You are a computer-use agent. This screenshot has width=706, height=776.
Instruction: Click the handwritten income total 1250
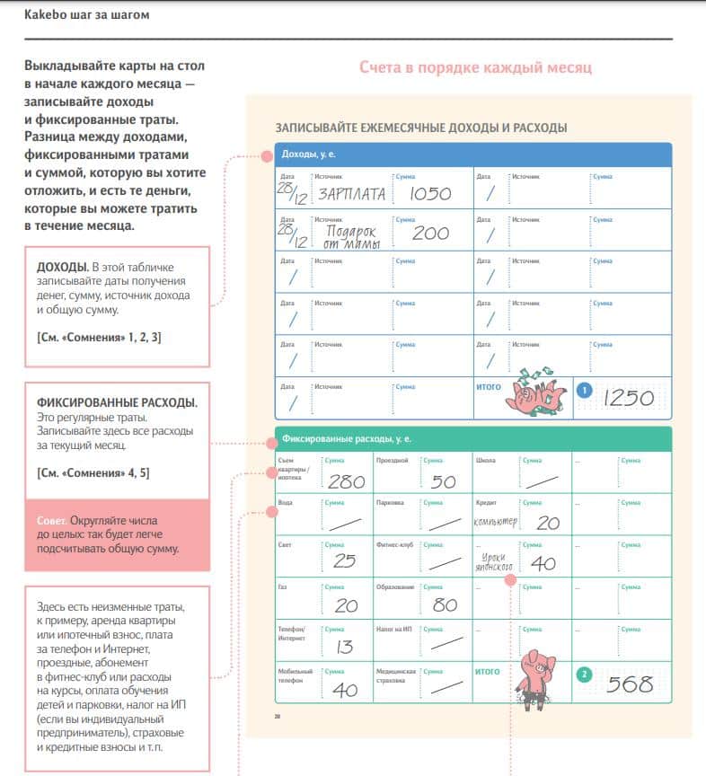point(629,395)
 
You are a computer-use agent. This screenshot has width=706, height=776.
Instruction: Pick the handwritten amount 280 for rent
point(346,481)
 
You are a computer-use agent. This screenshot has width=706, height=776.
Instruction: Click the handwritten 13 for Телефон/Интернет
point(343,646)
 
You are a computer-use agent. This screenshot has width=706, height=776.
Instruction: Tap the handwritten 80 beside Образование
point(445,604)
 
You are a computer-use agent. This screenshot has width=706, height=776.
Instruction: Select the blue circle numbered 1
point(584,390)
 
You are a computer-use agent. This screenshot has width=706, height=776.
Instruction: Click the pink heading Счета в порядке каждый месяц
point(475,67)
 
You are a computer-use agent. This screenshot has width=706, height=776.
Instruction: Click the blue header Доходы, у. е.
point(309,154)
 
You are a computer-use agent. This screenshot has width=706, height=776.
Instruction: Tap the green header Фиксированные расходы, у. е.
point(346,439)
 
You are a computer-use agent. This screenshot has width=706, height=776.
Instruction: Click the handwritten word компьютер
point(496,522)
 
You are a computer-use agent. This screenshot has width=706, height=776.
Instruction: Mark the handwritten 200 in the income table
point(430,234)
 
